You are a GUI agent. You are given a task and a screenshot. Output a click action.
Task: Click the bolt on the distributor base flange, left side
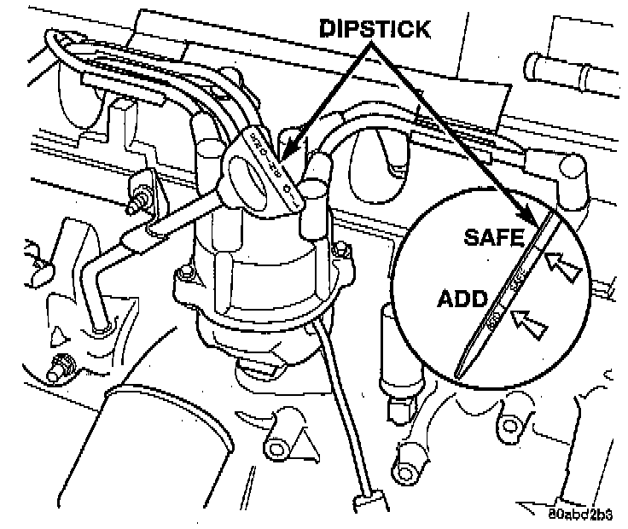pos(182,276)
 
